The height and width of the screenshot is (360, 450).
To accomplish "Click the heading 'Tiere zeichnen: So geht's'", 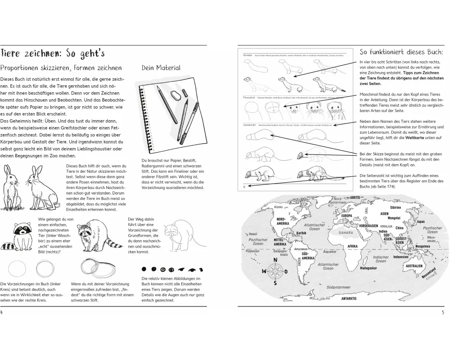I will pos(53,54).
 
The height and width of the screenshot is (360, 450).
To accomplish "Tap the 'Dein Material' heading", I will pos(161,68).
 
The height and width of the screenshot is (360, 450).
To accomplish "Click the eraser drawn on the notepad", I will pos(175,95).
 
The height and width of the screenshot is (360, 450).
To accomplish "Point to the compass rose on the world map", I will pos(275,271).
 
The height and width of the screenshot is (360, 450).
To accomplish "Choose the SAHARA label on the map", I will pos(346,233).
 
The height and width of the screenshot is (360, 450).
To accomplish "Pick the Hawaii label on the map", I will pos(252,234).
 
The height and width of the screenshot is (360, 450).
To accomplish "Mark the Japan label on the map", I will pos(420,221).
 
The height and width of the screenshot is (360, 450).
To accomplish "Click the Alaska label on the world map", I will pos(278,207).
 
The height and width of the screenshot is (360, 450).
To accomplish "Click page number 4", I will pos(3,313).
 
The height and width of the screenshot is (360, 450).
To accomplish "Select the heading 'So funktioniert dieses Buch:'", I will pos(402,51).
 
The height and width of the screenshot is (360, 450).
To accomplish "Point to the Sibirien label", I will pos(395,207).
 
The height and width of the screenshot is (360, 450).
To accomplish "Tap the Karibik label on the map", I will pos(301,233).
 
